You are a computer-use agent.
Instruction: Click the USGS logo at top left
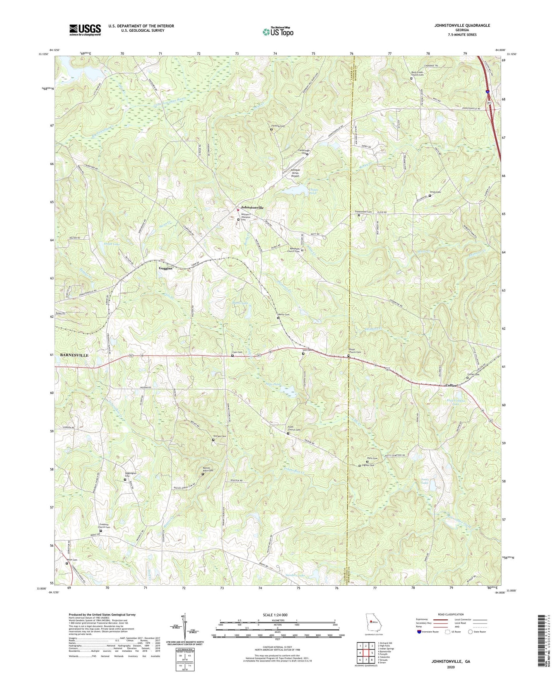(85, 29)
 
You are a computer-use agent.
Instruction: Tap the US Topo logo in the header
(277, 31)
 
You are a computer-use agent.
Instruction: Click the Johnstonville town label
(252, 208)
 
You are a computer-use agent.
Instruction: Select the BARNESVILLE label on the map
(74, 355)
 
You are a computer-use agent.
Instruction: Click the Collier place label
(451, 385)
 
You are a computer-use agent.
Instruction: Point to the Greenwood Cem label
(363, 212)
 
